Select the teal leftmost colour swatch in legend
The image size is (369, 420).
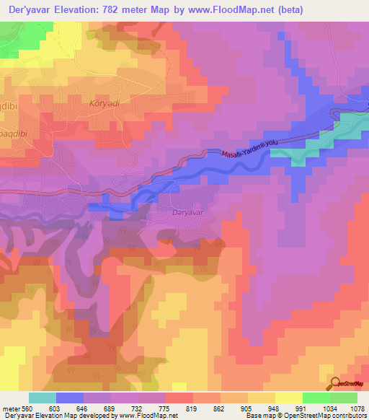[43, 398]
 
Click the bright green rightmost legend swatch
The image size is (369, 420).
[344, 398]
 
